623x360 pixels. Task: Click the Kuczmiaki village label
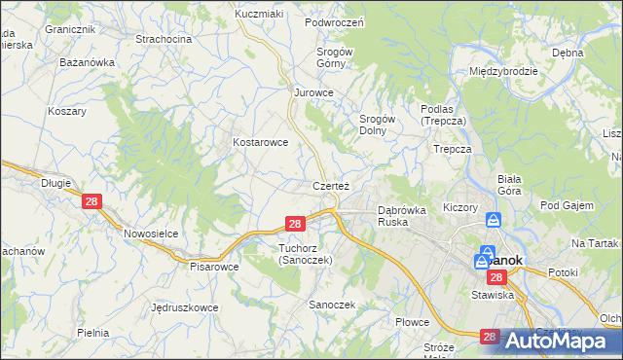pos(258,15)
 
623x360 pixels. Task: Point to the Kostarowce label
pos(260,142)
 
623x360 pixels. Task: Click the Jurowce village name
pos(314,92)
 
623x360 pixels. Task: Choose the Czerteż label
pos(331,185)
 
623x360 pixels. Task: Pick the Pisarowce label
pos(214,266)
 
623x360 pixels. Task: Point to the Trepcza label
pos(453,150)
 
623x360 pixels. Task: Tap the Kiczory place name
pos(459,208)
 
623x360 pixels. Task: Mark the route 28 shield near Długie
pos(92,201)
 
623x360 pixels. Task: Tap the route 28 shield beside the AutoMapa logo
pos(489,337)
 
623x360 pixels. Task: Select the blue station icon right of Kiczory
pos(494,221)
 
